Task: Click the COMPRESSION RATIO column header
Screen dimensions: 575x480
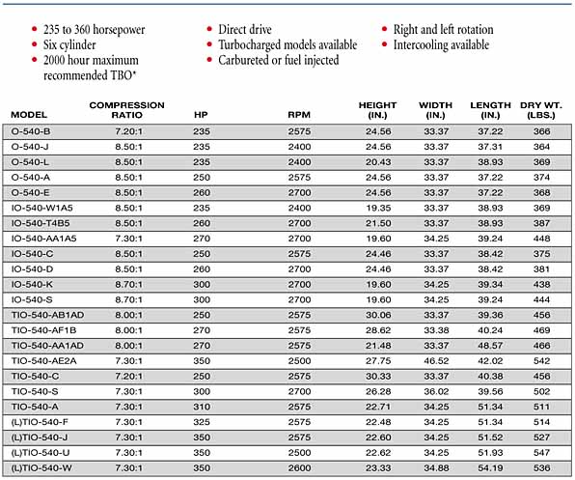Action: (127, 110)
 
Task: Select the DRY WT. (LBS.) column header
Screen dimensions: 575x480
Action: (541, 110)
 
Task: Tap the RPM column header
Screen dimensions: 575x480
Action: (299, 115)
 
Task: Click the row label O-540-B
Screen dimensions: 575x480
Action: (31, 131)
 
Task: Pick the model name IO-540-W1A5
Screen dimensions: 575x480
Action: (42, 208)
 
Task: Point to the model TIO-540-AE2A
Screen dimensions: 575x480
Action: (44, 361)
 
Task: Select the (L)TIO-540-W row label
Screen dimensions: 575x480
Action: (41, 468)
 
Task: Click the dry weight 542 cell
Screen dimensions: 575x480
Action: (541, 361)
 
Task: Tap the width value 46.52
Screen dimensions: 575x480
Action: (436, 361)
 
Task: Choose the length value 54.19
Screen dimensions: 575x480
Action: (490, 468)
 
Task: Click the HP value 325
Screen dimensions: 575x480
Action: (202, 422)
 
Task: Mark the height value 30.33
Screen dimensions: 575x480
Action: (378, 377)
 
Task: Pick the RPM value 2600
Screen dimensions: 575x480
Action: (299, 468)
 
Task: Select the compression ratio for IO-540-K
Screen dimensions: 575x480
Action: (128, 285)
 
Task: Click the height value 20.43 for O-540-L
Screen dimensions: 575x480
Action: (378, 162)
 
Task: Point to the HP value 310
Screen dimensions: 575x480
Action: (202, 407)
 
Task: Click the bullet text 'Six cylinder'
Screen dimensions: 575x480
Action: (69, 45)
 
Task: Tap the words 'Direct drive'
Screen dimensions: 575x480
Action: (245, 29)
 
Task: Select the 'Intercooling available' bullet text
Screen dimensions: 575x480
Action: (441, 45)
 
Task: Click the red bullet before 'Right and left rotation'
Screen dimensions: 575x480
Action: (385, 29)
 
